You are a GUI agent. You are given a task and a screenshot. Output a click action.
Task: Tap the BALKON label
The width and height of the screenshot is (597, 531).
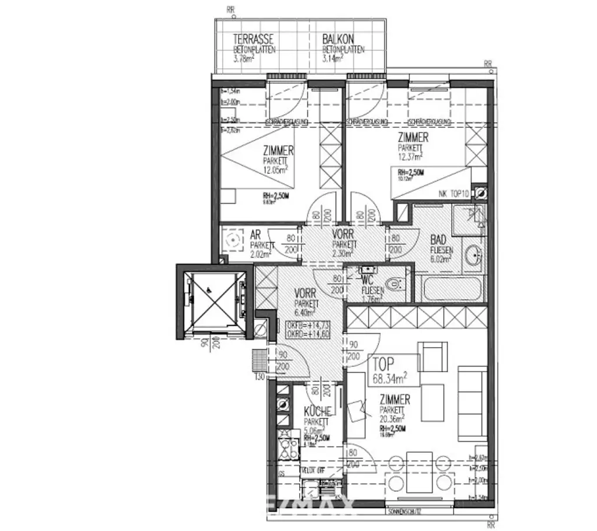[338, 40]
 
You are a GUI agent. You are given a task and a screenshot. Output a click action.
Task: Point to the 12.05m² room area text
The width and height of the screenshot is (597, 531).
[276, 170]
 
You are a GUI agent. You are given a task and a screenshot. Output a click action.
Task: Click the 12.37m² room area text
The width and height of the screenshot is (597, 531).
[410, 156]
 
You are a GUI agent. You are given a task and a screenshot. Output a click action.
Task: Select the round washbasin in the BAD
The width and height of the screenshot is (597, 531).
[474, 256]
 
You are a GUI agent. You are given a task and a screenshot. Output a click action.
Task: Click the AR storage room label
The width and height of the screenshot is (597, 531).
[255, 234]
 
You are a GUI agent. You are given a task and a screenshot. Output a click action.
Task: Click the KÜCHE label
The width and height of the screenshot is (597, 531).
[318, 410]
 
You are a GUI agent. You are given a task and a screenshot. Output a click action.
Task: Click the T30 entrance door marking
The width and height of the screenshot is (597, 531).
[259, 376]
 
